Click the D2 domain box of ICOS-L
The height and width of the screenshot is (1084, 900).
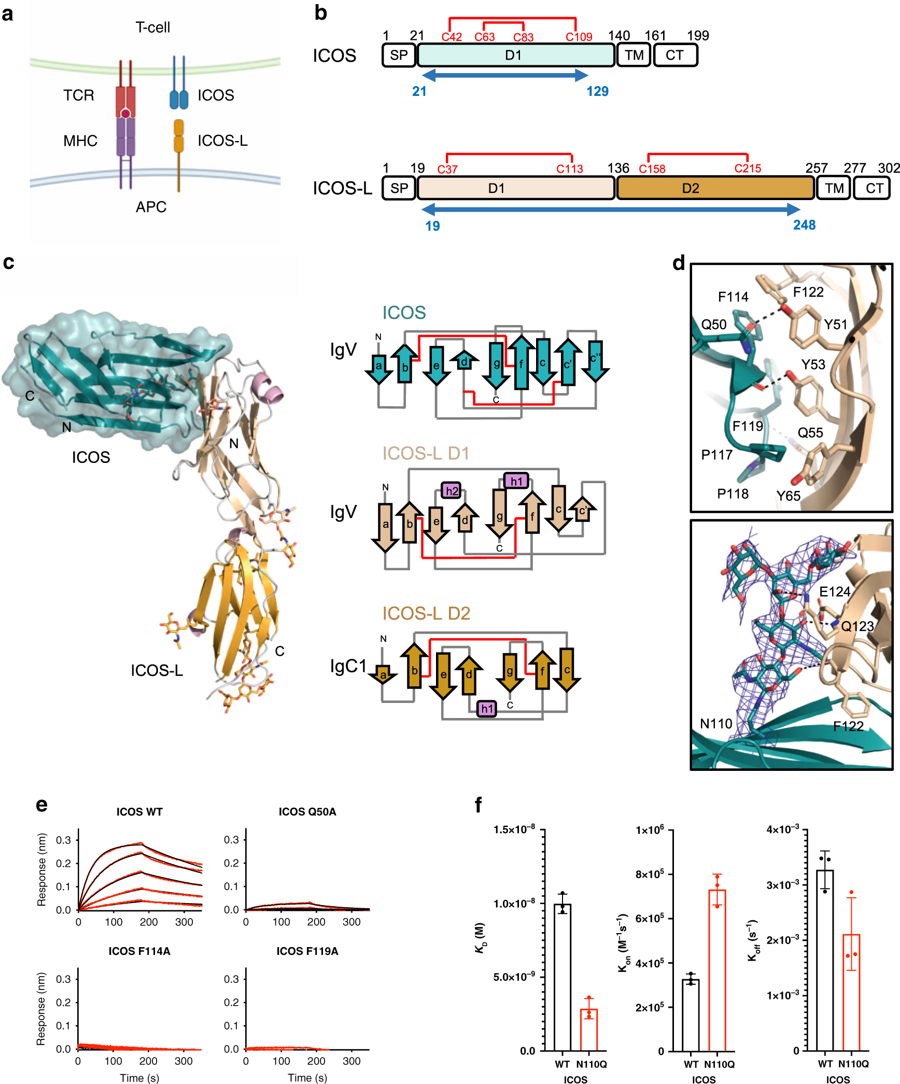click(715, 188)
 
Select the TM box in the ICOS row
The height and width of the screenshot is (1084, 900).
click(634, 55)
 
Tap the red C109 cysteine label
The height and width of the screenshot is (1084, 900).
click(579, 37)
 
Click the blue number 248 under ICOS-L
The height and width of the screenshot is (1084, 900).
click(804, 225)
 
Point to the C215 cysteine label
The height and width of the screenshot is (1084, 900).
click(748, 168)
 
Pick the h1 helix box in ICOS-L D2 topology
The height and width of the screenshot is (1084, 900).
click(486, 708)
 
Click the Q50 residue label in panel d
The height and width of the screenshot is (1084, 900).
click(713, 325)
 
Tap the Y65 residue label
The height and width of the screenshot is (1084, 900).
click(788, 496)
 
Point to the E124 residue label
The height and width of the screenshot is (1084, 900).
click(835, 592)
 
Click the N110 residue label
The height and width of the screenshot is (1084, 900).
click(716, 723)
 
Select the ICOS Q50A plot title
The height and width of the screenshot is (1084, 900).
click(307, 811)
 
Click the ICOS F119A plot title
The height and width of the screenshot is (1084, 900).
click(307, 951)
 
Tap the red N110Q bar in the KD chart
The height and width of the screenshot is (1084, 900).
click(589, 1030)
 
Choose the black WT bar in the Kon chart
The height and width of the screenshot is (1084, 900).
click(691, 1015)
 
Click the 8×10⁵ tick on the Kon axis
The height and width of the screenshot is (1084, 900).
click(650, 875)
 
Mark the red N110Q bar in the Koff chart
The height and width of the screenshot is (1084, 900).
click(851, 992)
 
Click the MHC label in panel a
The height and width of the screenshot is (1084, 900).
click(80, 140)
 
